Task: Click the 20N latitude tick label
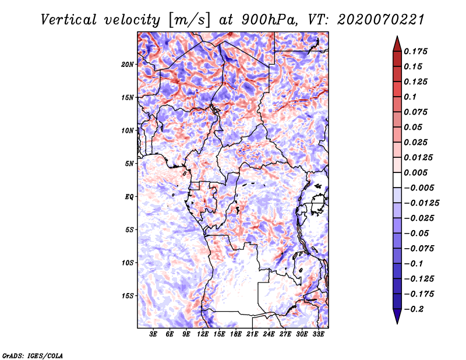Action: coord(128,64)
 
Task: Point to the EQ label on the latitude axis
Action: coord(130,197)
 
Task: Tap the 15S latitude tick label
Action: coord(128,296)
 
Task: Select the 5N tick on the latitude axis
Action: coord(129,164)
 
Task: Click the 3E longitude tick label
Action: coord(154,334)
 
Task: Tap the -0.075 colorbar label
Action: coord(418,249)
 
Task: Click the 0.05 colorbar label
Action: coord(414,127)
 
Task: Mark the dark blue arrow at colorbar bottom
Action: coord(396,318)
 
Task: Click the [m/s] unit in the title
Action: coord(188,20)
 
